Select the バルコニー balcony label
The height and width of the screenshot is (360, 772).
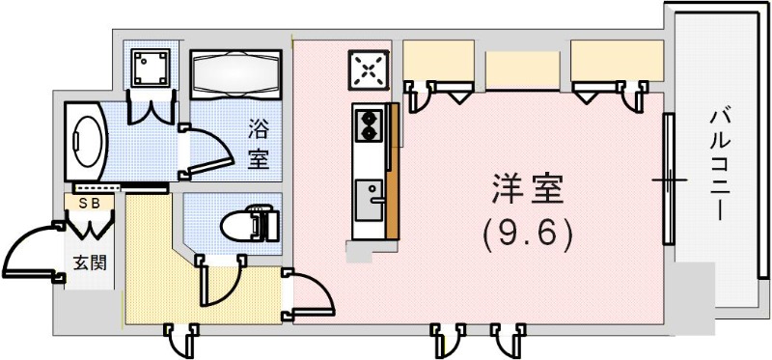(x=719, y=164)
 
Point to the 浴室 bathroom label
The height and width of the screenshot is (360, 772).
(x=259, y=141)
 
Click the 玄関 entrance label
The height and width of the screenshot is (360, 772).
(x=88, y=263)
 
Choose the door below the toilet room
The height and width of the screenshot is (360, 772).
(x=218, y=280)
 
